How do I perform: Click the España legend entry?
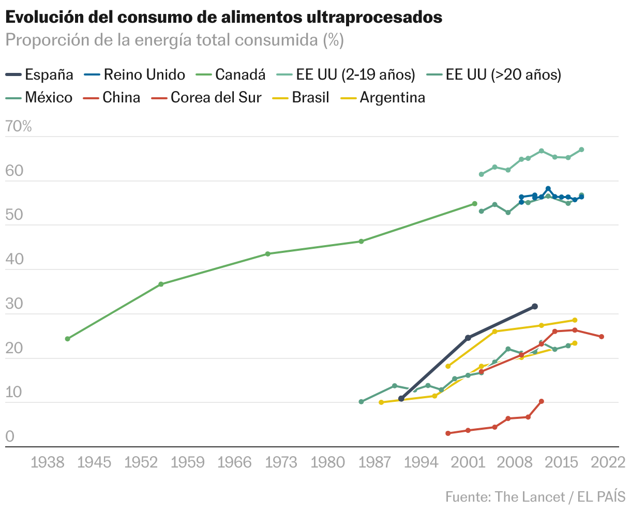(x=40, y=75)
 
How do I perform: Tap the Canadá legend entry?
(x=231, y=75)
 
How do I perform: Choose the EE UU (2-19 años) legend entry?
(x=347, y=75)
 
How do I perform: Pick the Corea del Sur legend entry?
(x=207, y=98)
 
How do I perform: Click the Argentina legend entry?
(x=383, y=98)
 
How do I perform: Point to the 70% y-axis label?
(x=19, y=126)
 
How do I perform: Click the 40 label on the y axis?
(x=14, y=259)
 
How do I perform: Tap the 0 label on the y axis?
(x=10, y=436)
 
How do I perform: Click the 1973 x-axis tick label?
(x=282, y=462)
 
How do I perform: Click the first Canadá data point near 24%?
(x=67, y=339)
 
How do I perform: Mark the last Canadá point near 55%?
(x=474, y=204)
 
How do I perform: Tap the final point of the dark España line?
(x=535, y=307)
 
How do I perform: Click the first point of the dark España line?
(x=401, y=399)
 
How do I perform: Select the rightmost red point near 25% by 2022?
(x=602, y=337)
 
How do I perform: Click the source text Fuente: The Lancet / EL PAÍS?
(x=535, y=497)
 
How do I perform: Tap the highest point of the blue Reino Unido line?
(x=548, y=189)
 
